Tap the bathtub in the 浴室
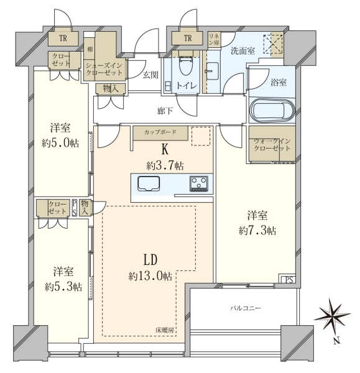272,111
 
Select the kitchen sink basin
149,183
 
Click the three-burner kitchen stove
199,183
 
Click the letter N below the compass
336,341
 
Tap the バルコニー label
246,308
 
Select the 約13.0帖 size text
150,276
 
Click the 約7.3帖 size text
257,230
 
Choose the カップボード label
160,132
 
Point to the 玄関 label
151,75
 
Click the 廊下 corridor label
165,111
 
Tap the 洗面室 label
242,51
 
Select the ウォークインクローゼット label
272,145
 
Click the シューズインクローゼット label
104,69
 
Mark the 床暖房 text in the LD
166,330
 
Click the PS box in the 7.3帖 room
288,279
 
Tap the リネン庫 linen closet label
214,39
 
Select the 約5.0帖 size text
60,143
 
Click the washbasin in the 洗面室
213,71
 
